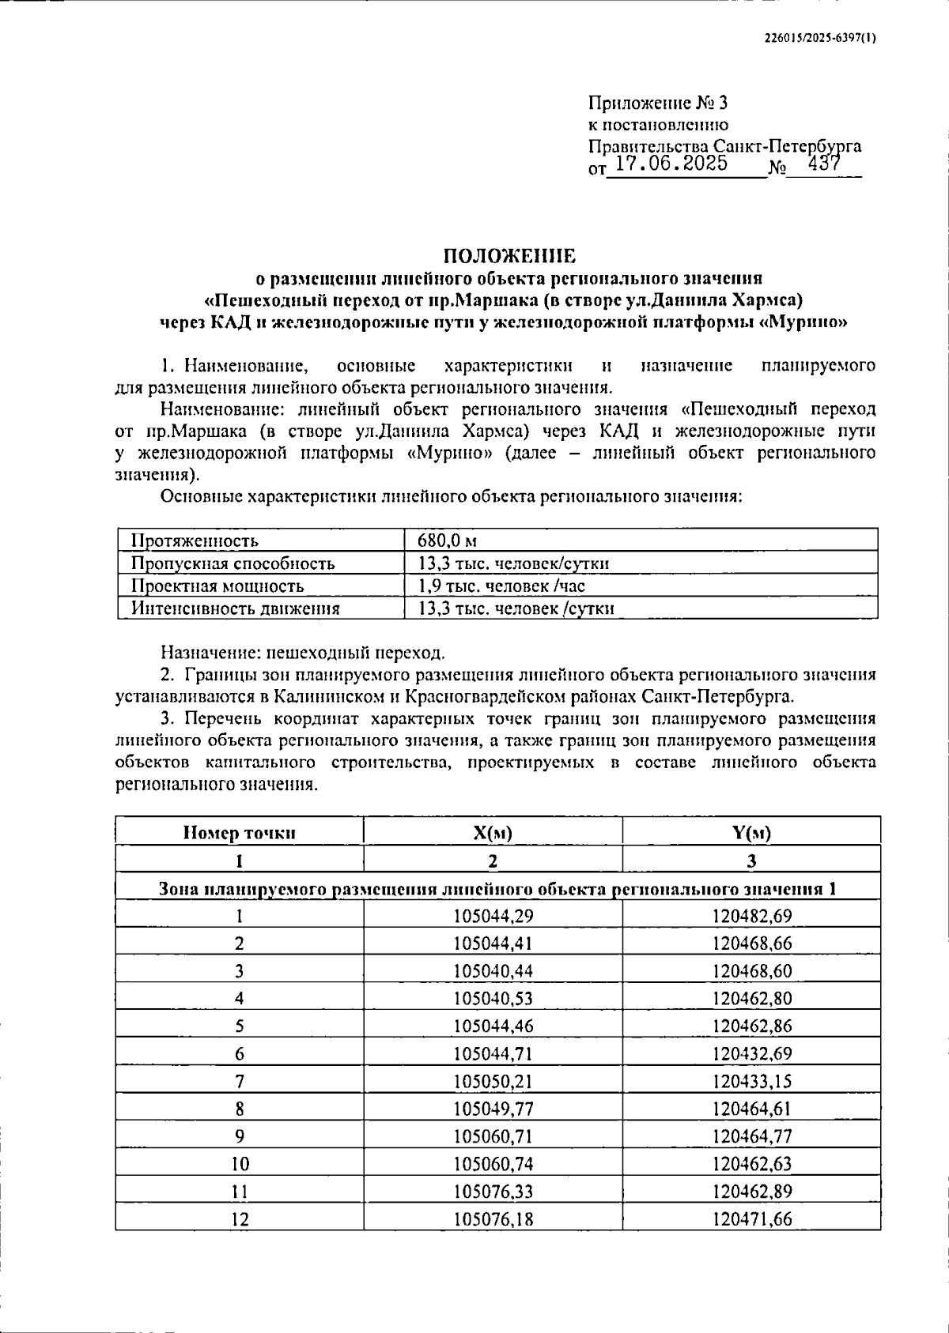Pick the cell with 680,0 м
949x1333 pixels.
447,541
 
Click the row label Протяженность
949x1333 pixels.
195,541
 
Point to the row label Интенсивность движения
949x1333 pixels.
235,608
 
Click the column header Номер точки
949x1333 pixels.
240,832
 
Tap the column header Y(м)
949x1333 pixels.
751,832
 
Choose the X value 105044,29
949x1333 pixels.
493,916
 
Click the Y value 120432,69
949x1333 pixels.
751,1053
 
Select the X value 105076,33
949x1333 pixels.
493,1191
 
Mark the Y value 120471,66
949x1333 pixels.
751,1218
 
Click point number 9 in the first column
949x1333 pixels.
240,1136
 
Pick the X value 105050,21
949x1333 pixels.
493,1081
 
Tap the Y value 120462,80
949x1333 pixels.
751,998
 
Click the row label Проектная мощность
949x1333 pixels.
217,586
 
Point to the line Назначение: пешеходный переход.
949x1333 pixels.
303,653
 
